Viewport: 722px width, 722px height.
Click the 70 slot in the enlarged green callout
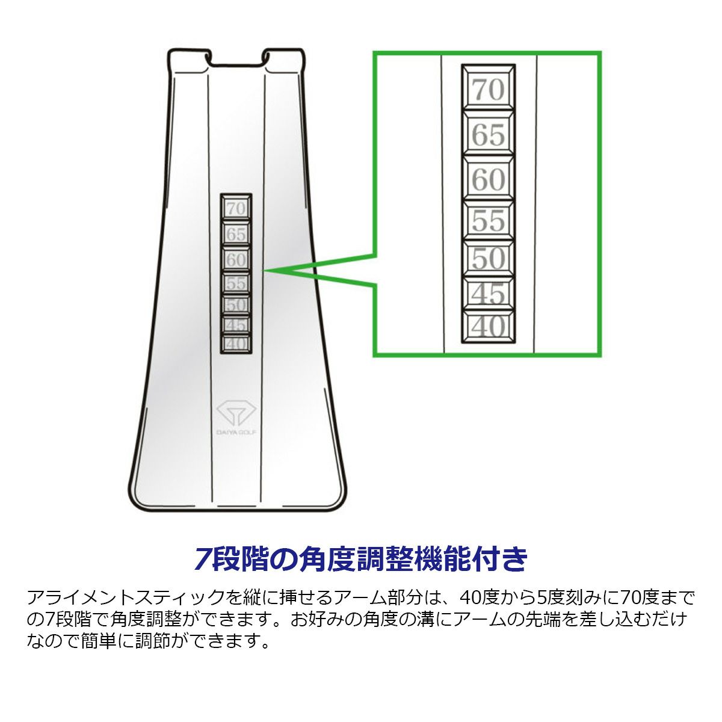click(489, 89)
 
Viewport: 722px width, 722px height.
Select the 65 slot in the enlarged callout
click(489, 134)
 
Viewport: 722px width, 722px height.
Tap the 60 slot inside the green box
click(489, 179)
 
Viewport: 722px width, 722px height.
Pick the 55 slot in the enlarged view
click(489, 220)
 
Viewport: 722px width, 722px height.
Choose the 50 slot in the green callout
click(489, 259)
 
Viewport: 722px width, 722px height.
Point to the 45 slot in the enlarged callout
click(489, 294)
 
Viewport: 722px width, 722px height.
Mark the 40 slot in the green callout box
click(489, 326)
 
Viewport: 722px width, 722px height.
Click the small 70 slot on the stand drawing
click(236, 208)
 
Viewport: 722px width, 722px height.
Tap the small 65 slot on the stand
click(236, 234)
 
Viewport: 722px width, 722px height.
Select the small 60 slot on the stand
click(236, 259)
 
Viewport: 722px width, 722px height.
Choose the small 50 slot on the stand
click(236, 305)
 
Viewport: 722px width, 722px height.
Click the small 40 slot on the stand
click(236, 343)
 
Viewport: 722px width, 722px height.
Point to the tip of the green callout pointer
click(265, 270)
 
